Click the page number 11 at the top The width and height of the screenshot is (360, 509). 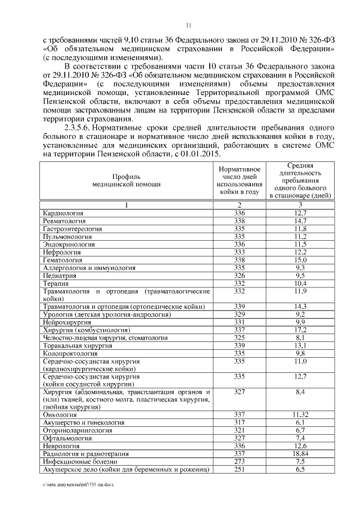[188, 24]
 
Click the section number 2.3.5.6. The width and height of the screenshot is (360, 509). [80, 128]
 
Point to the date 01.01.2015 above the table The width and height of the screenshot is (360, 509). [200, 154]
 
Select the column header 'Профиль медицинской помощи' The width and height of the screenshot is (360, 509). [127, 180]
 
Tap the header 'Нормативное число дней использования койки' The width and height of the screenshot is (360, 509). [240, 180]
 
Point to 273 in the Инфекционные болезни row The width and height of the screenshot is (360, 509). [240, 461]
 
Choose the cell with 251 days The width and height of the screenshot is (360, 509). [240, 469]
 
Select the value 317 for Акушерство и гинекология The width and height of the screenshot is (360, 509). [240, 422]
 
